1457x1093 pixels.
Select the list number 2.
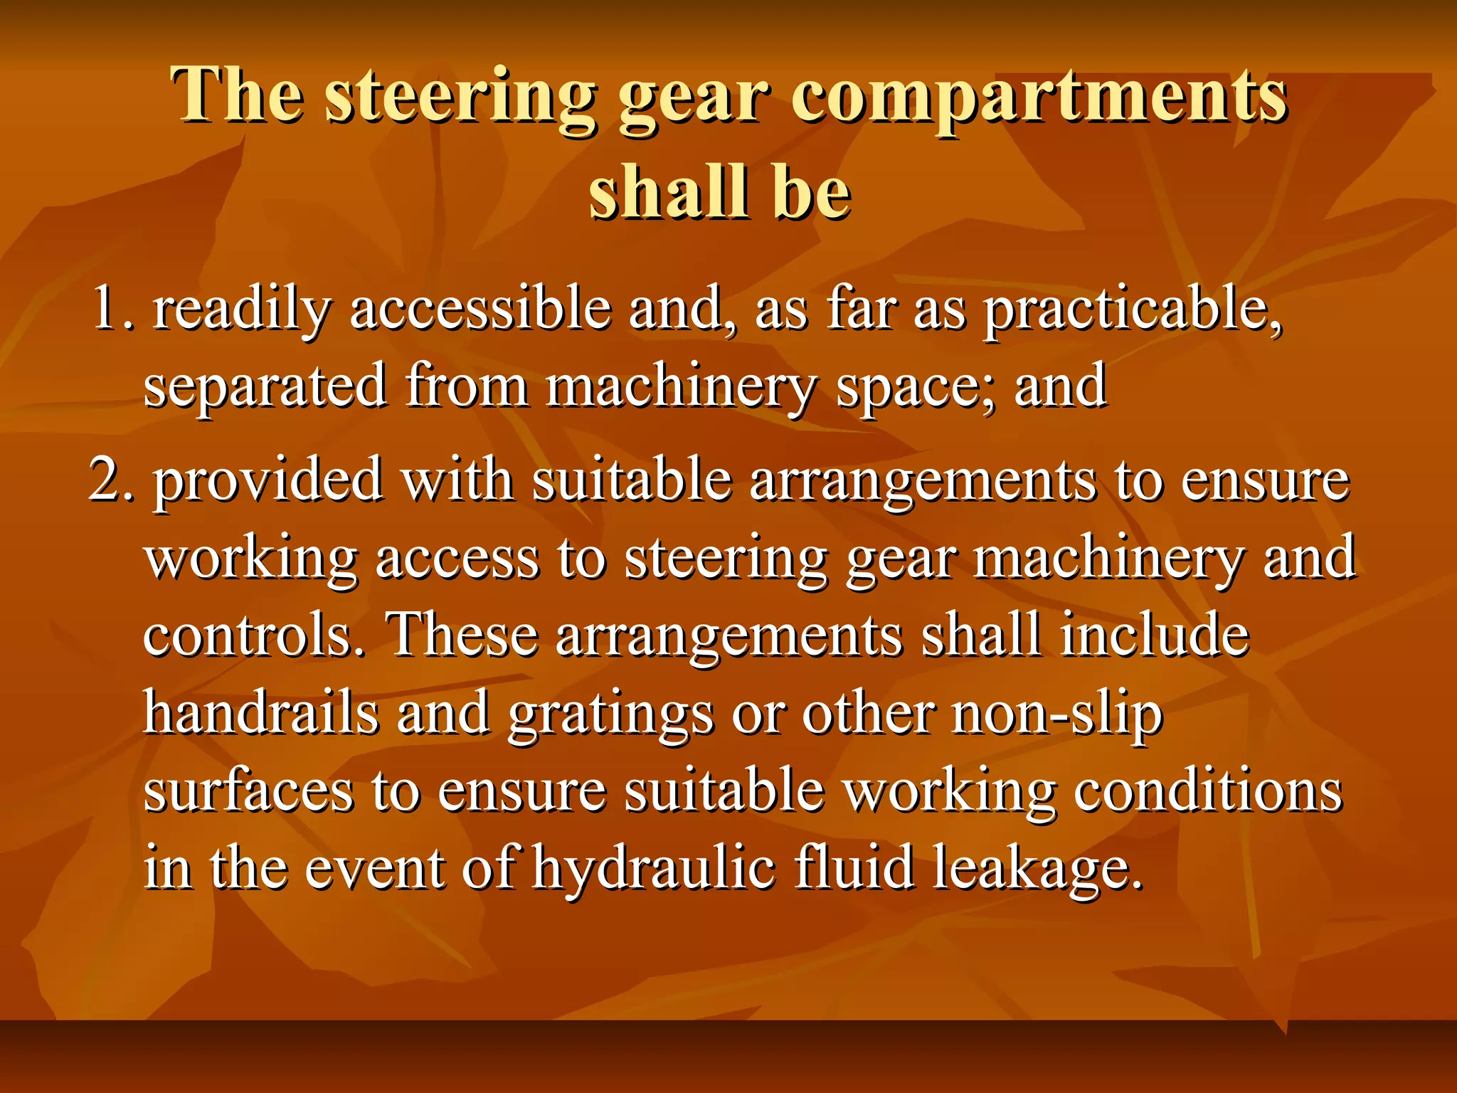pos(111,480)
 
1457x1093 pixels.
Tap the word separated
pos(265,386)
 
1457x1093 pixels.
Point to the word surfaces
pos(248,791)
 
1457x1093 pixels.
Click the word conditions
pos(1207,791)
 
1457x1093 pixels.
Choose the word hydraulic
pos(654,869)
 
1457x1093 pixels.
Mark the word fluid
pos(854,867)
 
